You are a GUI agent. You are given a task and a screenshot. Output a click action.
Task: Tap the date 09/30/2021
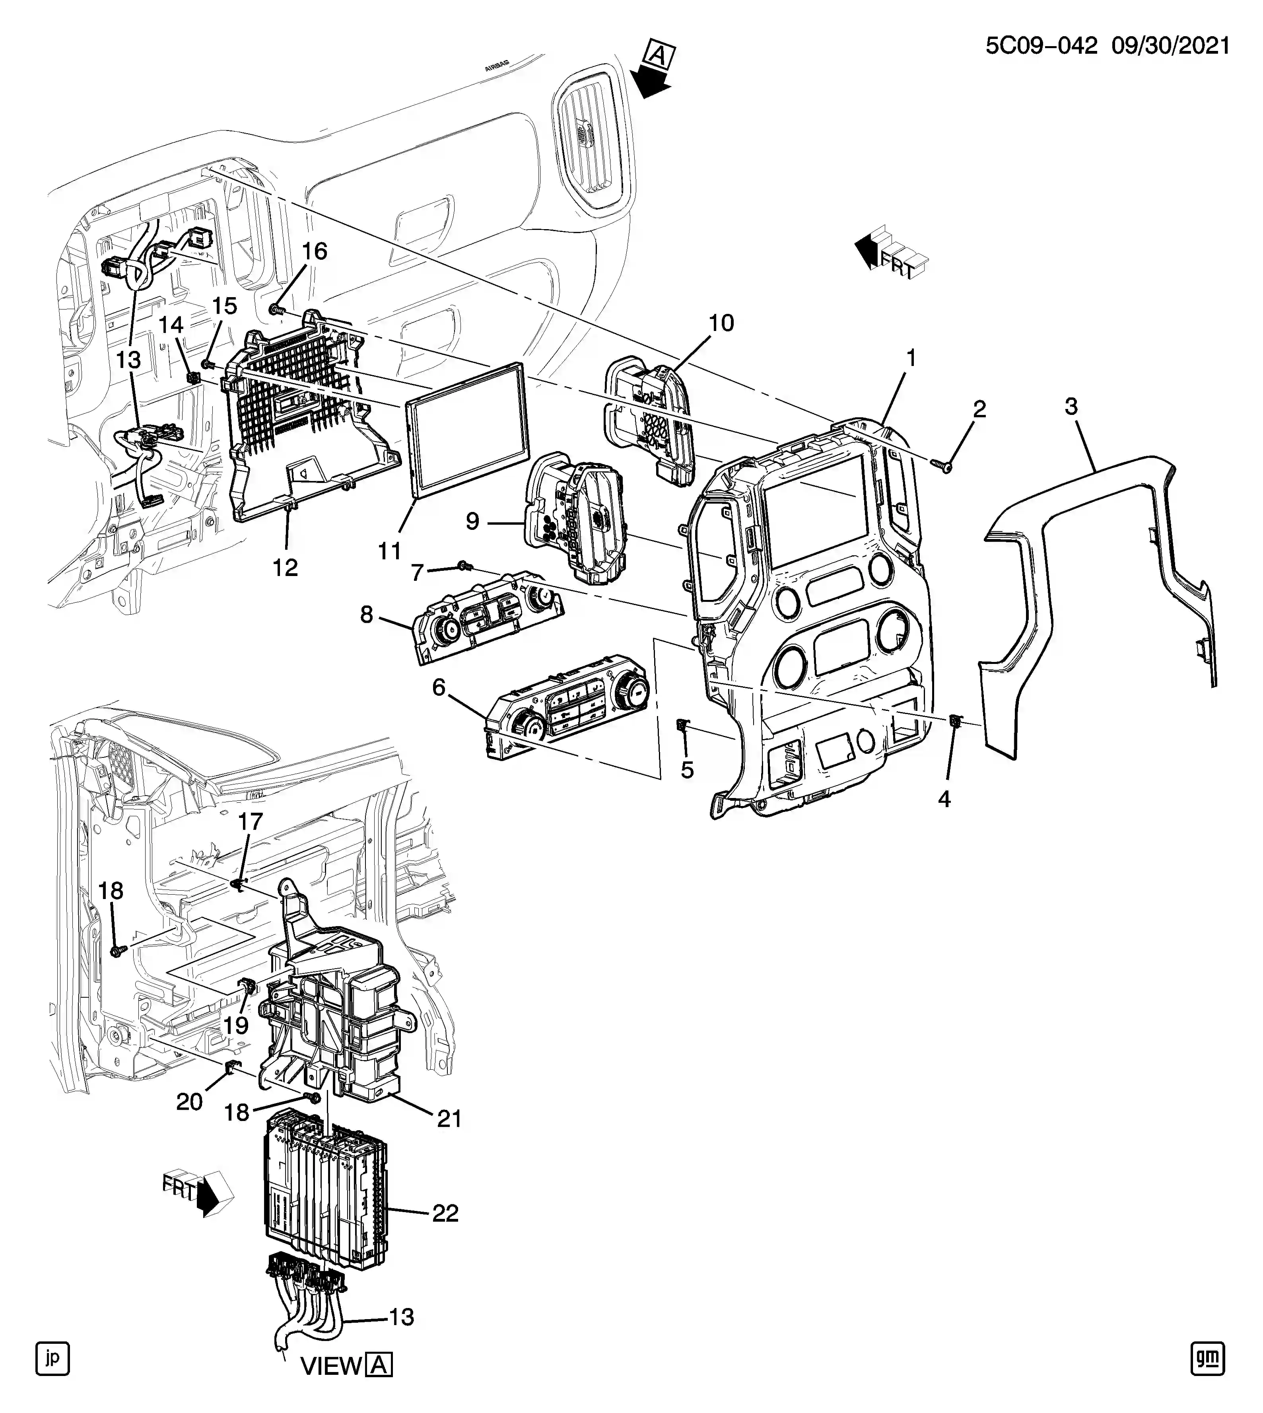tap(1171, 47)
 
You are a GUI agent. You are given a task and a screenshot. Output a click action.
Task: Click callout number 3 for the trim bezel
tap(1071, 407)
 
